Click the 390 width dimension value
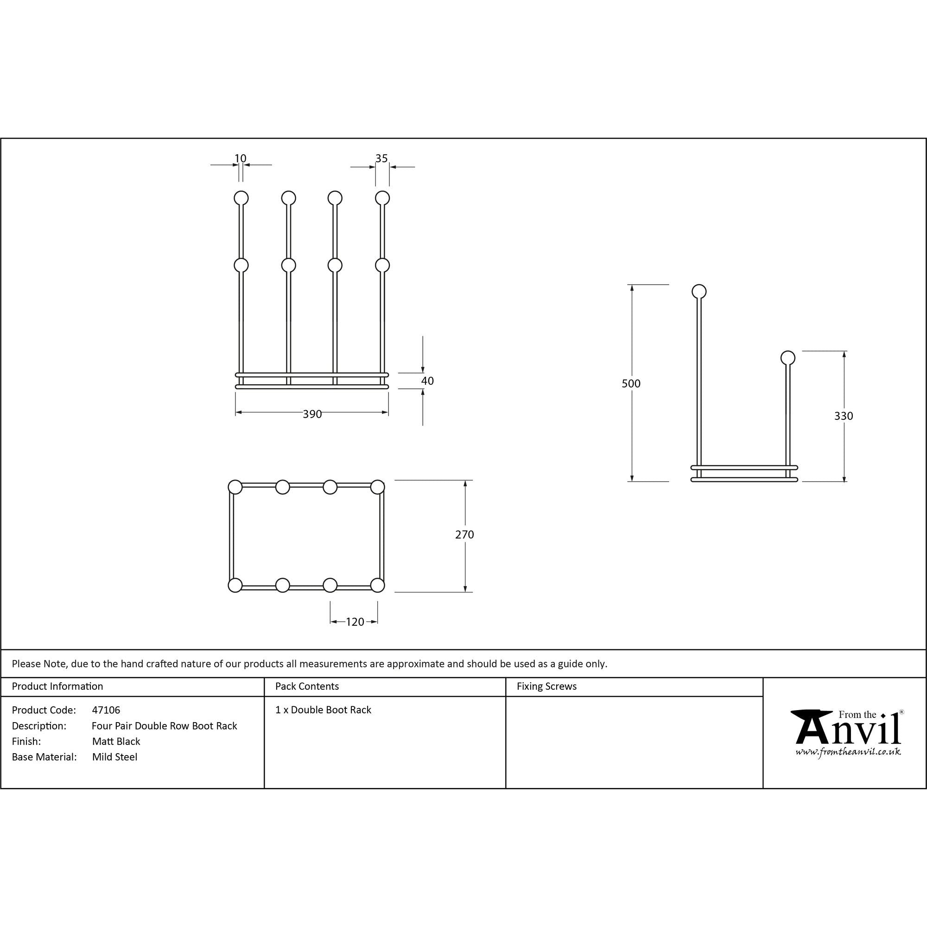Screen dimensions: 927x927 (x=312, y=414)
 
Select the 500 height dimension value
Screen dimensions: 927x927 (x=631, y=383)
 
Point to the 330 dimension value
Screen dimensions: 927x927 (x=844, y=416)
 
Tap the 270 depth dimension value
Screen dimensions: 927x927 (x=464, y=534)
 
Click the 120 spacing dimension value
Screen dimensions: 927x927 (x=355, y=622)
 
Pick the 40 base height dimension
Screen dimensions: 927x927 (x=427, y=381)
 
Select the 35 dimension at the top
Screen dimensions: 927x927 (x=381, y=159)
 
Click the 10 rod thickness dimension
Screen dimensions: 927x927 (x=241, y=159)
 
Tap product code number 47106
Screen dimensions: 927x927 (x=106, y=710)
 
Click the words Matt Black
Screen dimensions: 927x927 (x=116, y=741)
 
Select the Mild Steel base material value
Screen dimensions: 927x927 (x=114, y=757)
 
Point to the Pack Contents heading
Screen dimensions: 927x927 (x=307, y=686)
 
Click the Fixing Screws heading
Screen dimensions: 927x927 (x=546, y=686)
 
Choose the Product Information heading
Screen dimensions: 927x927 (x=57, y=686)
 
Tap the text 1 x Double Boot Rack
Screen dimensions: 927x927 (x=324, y=710)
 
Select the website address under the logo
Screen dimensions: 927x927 (x=848, y=752)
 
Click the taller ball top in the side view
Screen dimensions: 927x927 (x=699, y=291)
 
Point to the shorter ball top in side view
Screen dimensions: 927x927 (x=788, y=357)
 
